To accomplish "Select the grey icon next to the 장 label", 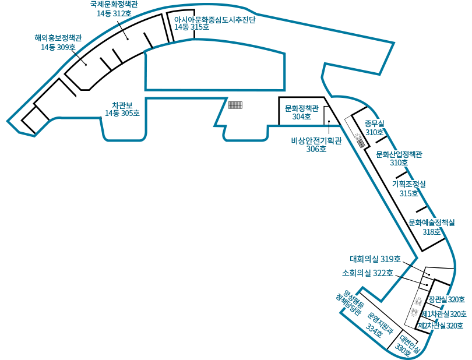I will click(x=418, y=301).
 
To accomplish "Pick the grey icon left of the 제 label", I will click(x=413, y=312).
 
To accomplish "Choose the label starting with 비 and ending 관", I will click(x=316, y=143).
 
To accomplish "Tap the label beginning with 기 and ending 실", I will click(x=408, y=187).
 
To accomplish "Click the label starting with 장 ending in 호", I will click(x=447, y=299).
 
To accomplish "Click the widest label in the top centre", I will click(x=214, y=23).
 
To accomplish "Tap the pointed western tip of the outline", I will click(x=8, y=121).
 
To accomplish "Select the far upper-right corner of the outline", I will click(x=393, y=43).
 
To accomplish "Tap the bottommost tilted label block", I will click(x=409, y=345).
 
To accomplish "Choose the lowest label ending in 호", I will click(x=442, y=326).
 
